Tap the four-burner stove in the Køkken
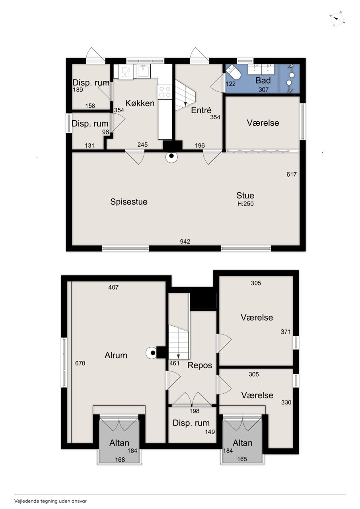(x=165, y=91)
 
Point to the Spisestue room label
(x=128, y=202)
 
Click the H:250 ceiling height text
(x=245, y=204)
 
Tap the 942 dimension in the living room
(x=185, y=241)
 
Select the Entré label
(x=201, y=110)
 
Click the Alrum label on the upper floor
(x=116, y=355)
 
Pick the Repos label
(x=200, y=365)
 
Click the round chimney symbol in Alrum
(x=152, y=353)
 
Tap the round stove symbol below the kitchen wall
(x=171, y=157)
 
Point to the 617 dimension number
(x=292, y=174)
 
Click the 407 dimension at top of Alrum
(x=113, y=288)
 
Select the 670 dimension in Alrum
(x=80, y=363)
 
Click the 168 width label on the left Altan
(x=120, y=460)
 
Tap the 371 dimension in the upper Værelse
(x=286, y=332)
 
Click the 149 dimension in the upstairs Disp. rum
(x=210, y=432)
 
